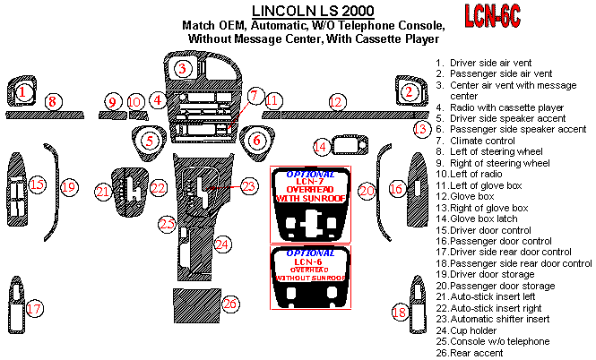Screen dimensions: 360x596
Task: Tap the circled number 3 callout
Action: click(x=183, y=69)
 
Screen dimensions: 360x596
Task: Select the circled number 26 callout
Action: click(x=230, y=304)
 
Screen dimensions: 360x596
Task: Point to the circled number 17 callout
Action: click(x=34, y=309)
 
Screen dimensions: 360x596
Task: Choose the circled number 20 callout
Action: click(x=367, y=190)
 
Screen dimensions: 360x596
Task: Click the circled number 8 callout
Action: click(x=53, y=102)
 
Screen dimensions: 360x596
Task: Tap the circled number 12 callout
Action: click(x=336, y=103)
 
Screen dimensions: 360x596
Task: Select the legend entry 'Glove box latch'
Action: click(x=486, y=219)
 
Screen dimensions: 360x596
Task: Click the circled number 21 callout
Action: click(x=104, y=191)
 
